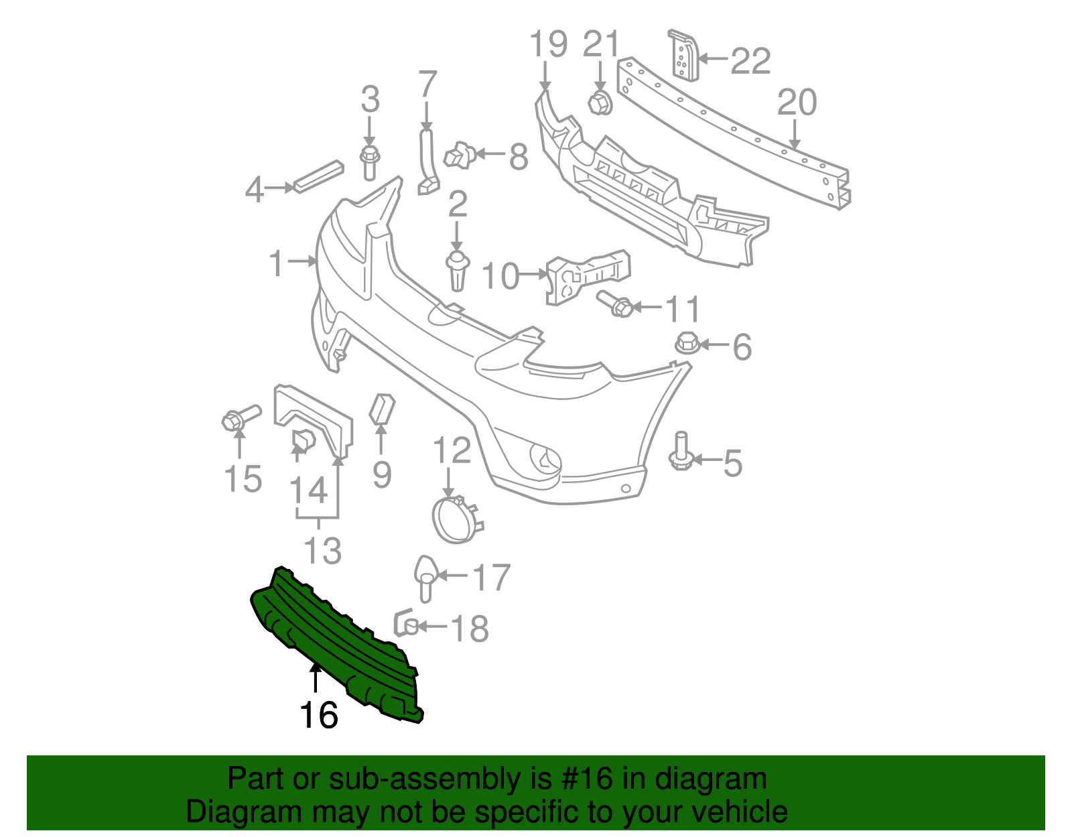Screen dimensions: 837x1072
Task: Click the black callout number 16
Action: (318, 715)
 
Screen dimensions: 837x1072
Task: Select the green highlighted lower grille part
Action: (335, 643)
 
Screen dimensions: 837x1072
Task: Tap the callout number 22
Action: (750, 61)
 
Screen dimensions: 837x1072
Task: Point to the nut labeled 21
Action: (600, 103)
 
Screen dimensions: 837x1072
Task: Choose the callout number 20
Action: (797, 103)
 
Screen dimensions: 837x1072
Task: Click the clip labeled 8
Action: (460, 155)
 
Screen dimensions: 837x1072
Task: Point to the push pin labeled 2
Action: (457, 269)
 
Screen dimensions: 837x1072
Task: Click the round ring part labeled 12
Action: (456, 520)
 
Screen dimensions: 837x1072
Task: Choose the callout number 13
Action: (322, 551)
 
